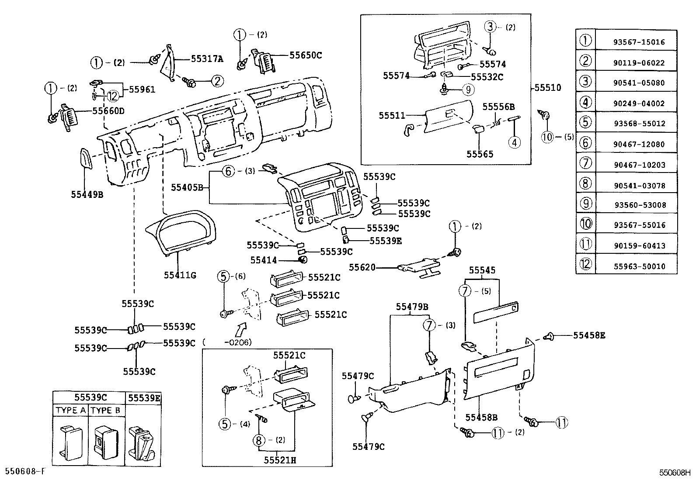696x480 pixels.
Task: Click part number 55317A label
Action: pyautogui.click(x=207, y=59)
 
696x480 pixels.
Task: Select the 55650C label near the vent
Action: pyautogui.click(x=305, y=55)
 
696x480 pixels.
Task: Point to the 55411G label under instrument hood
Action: pyautogui.click(x=180, y=275)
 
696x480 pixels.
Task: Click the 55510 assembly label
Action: pyautogui.click(x=548, y=88)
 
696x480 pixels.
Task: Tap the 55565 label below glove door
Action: pyautogui.click(x=480, y=154)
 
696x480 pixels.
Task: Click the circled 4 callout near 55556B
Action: pyautogui.click(x=514, y=142)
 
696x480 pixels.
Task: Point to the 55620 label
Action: pyautogui.click(x=362, y=266)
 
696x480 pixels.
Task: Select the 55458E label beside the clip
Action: pyautogui.click(x=589, y=335)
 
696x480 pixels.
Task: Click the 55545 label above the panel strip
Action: pyautogui.click(x=482, y=271)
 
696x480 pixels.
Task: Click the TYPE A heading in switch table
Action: pyautogui.click(x=70, y=411)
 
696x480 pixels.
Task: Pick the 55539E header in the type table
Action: pyautogui.click(x=144, y=398)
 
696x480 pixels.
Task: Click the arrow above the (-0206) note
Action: pyautogui.click(x=240, y=328)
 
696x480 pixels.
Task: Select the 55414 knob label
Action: pyautogui.click(x=264, y=260)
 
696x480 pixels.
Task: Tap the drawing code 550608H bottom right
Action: pyautogui.click(x=674, y=473)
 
